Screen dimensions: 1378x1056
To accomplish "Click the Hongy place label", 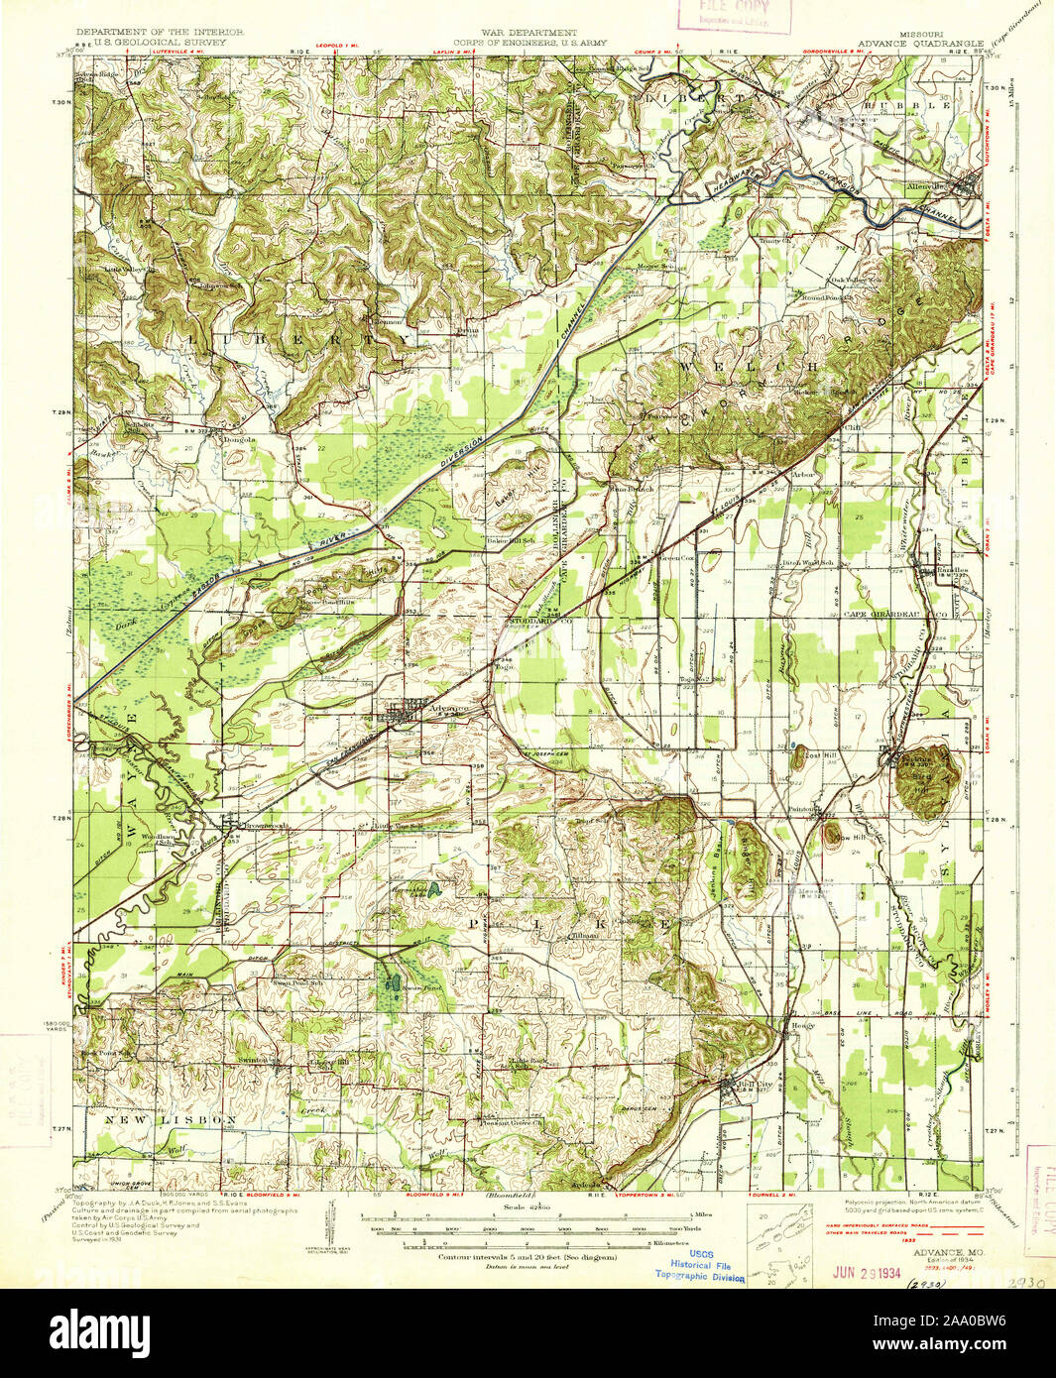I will pos(802,1025).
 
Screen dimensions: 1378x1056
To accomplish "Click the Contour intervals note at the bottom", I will pos(528,1257).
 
